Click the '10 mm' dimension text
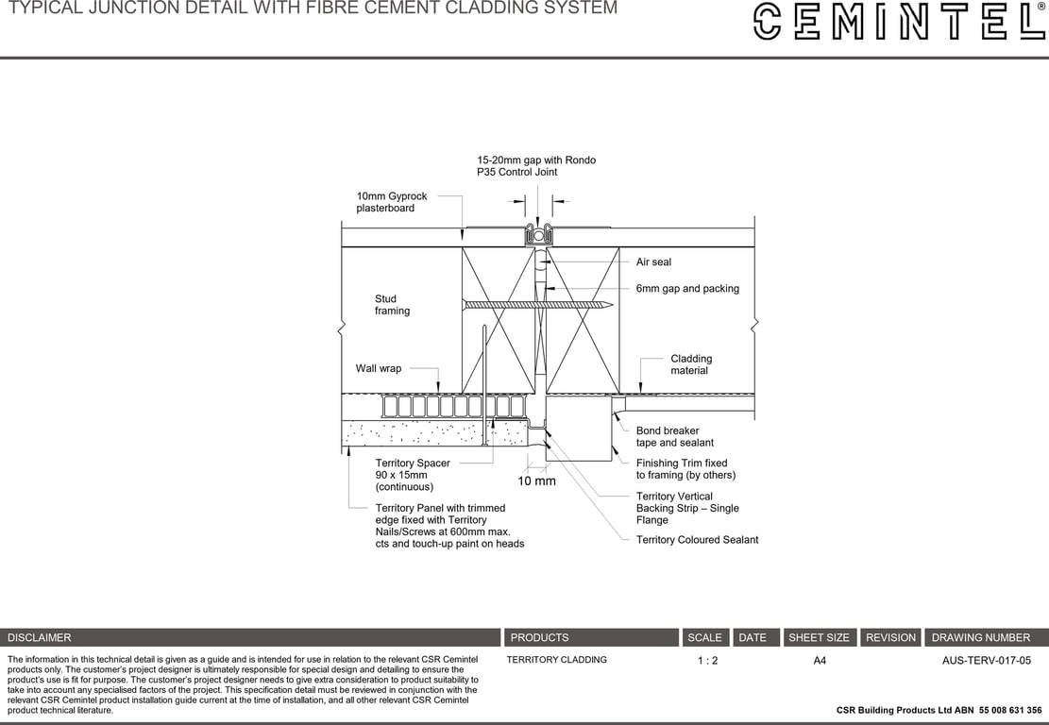536,481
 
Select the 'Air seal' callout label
653,262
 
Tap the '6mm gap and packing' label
687,289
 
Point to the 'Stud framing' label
392,305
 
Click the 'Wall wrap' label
378,369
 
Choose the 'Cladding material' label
691,364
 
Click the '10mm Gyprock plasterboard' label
391,202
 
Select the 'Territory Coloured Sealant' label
697,540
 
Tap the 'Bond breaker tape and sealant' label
674,437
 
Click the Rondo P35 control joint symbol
536,234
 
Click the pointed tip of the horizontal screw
611,305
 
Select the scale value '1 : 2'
707,661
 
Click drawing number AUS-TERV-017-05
986,661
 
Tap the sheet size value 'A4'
820,661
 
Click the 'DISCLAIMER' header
40,638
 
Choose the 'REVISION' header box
890,638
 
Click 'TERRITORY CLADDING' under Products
556,660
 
